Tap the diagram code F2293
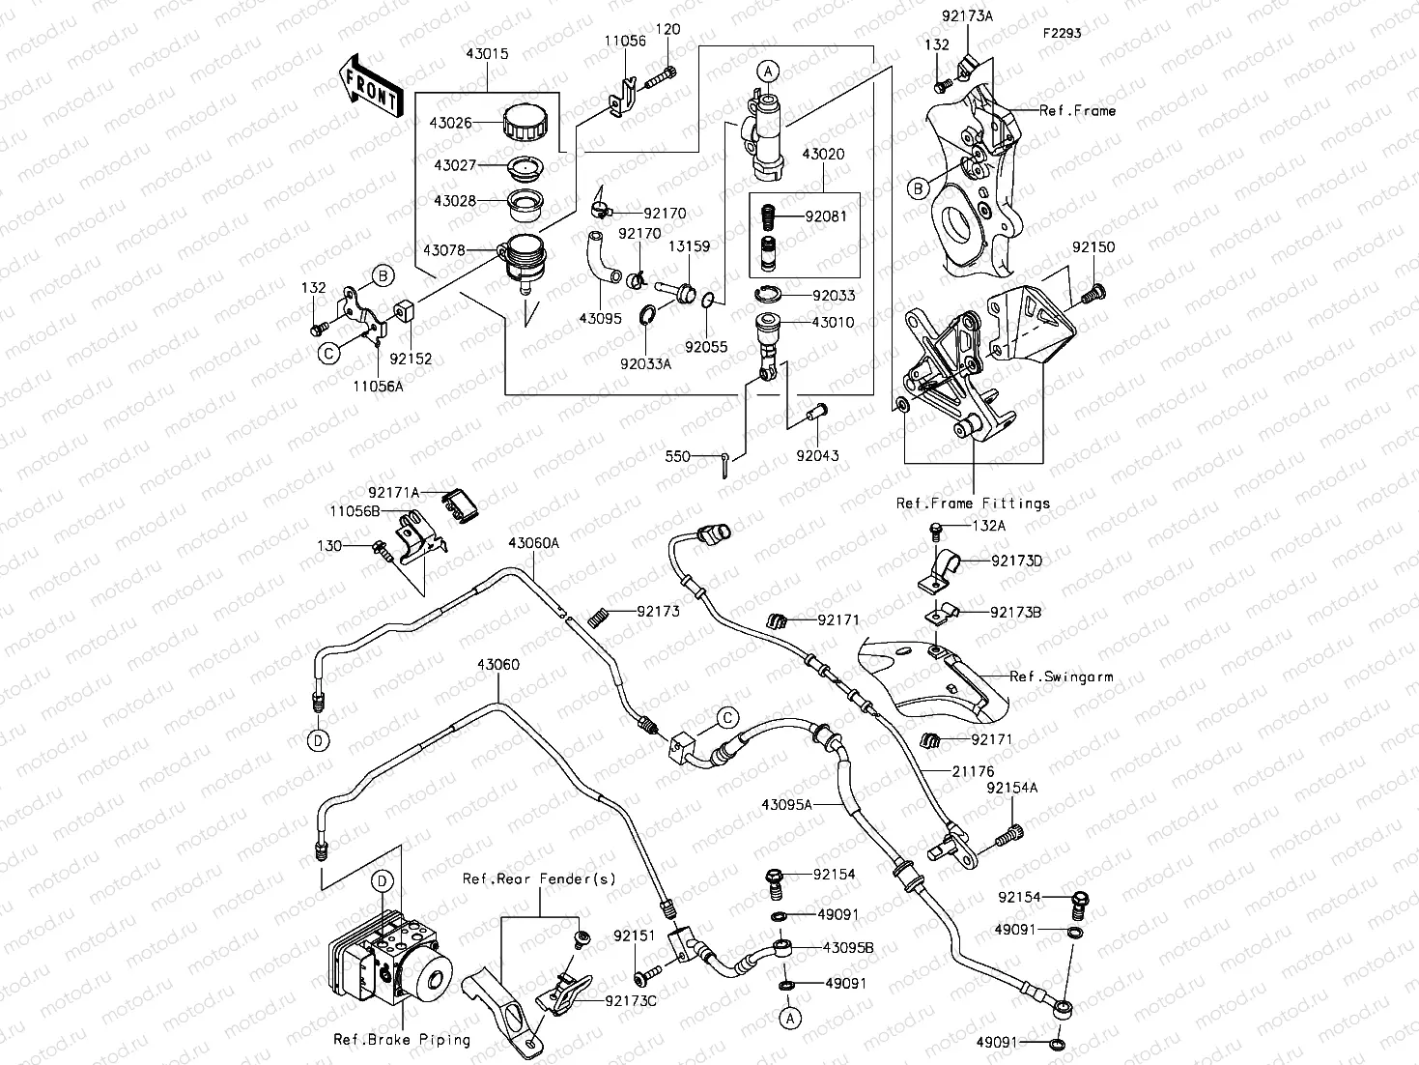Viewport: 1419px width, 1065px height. [x=1062, y=33]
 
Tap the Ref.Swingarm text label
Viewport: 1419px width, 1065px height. [x=1060, y=676]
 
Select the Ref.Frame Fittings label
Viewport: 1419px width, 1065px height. [x=973, y=504]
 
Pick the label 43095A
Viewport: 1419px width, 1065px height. [x=786, y=804]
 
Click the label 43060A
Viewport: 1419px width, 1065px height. [x=533, y=543]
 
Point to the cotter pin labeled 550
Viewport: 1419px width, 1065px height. [x=724, y=463]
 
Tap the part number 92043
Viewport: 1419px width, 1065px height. [x=817, y=455]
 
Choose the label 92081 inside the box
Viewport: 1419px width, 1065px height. [x=826, y=216]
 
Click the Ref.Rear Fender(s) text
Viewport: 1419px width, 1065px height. [x=538, y=878]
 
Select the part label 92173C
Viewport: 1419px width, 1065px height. [x=631, y=1001]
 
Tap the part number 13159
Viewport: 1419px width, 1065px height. [x=691, y=246]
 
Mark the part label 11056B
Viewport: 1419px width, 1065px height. [x=355, y=511]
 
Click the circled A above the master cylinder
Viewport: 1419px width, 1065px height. [x=767, y=71]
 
